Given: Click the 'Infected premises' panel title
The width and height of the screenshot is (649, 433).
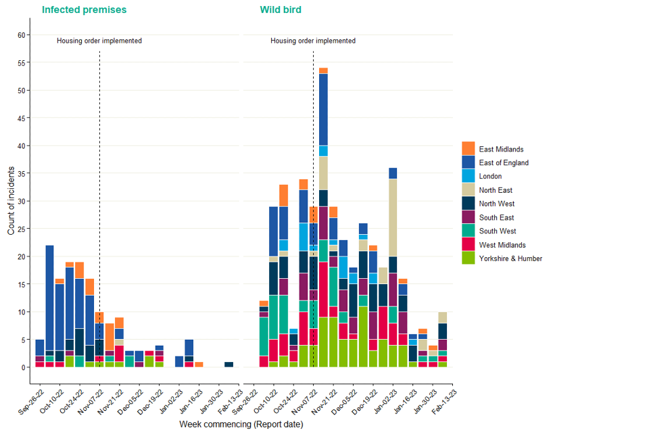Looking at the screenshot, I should pyautogui.click(x=84, y=10).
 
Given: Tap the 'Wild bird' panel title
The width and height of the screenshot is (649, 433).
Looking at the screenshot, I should pyautogui.click(x=281, y=10).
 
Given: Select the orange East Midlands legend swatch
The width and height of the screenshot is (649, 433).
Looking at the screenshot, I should pyautogui.click(x=468, y=149).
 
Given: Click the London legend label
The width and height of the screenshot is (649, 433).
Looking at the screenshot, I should pyautogui.click(x=490, y=177).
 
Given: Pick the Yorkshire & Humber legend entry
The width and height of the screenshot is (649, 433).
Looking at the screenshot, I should pyautogui.click(x=510, y=258).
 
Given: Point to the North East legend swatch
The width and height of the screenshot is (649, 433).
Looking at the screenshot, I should pyautogui.click(x=468, y=190).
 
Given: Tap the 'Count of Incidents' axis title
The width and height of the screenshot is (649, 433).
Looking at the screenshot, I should pyautogui.click(x=11, y=201).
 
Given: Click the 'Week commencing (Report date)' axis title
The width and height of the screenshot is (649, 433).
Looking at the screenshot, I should pyautogui.click(x=241, y=424).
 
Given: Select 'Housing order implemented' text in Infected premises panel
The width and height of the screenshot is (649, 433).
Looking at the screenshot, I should pyautogui.click(x=99, y=41).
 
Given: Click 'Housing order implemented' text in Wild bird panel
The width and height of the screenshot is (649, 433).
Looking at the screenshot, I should pyautogui.click(x=313, y=41).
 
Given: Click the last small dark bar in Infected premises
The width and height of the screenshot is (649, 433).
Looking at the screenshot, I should pyautogui.click(x=229, y=364).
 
